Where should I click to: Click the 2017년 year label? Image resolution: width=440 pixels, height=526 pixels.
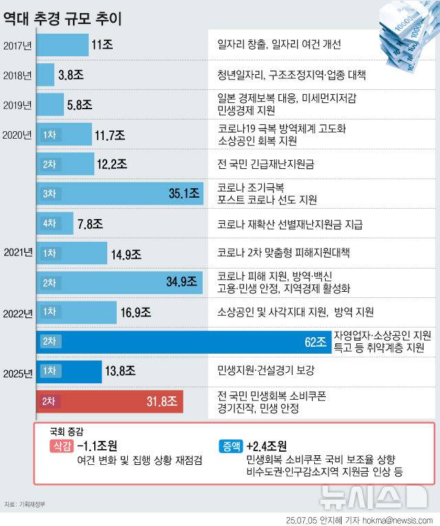pos(17,46)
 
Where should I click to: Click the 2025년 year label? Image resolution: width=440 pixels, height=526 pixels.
pos(17,374)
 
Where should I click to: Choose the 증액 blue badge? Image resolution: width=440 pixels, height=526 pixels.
pos(231,446)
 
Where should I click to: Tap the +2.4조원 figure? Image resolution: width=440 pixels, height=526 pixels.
pos(267,446)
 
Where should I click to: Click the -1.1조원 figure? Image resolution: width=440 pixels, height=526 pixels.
pos(98,446)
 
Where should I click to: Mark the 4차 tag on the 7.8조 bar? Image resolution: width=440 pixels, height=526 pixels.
pos(49,224)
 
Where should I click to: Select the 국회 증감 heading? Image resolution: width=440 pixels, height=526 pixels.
pos(67,432)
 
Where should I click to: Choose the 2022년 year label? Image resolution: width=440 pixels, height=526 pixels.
pos(17,314)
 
